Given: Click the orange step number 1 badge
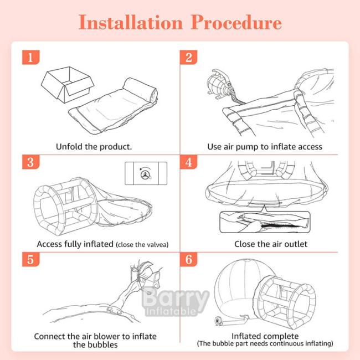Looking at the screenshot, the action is [31, 57].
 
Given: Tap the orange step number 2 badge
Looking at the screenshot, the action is [188, 57].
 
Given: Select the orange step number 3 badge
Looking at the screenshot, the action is [31, 162].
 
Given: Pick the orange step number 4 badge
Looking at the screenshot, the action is [188, 162].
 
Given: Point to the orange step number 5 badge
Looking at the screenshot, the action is [31, 259].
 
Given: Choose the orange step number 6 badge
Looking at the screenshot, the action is [188, 259].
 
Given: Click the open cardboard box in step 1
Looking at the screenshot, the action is [68, 84].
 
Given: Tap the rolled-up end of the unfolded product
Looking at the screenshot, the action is [140, 90].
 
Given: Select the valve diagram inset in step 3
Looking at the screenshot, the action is [146, 173].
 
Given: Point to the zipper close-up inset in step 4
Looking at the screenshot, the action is [265, 222].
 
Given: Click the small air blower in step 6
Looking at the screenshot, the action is [218, 321].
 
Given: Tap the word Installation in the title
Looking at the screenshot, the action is [130, 22].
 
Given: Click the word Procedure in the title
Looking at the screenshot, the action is [236, 22].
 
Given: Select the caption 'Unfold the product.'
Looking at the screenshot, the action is [94, 146].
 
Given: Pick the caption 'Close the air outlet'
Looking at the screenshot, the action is [271, 244].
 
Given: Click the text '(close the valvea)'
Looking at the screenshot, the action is [142, 244].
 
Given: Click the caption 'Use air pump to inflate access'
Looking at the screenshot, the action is [265, 147].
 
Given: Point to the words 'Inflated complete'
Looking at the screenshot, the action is [265, 336].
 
